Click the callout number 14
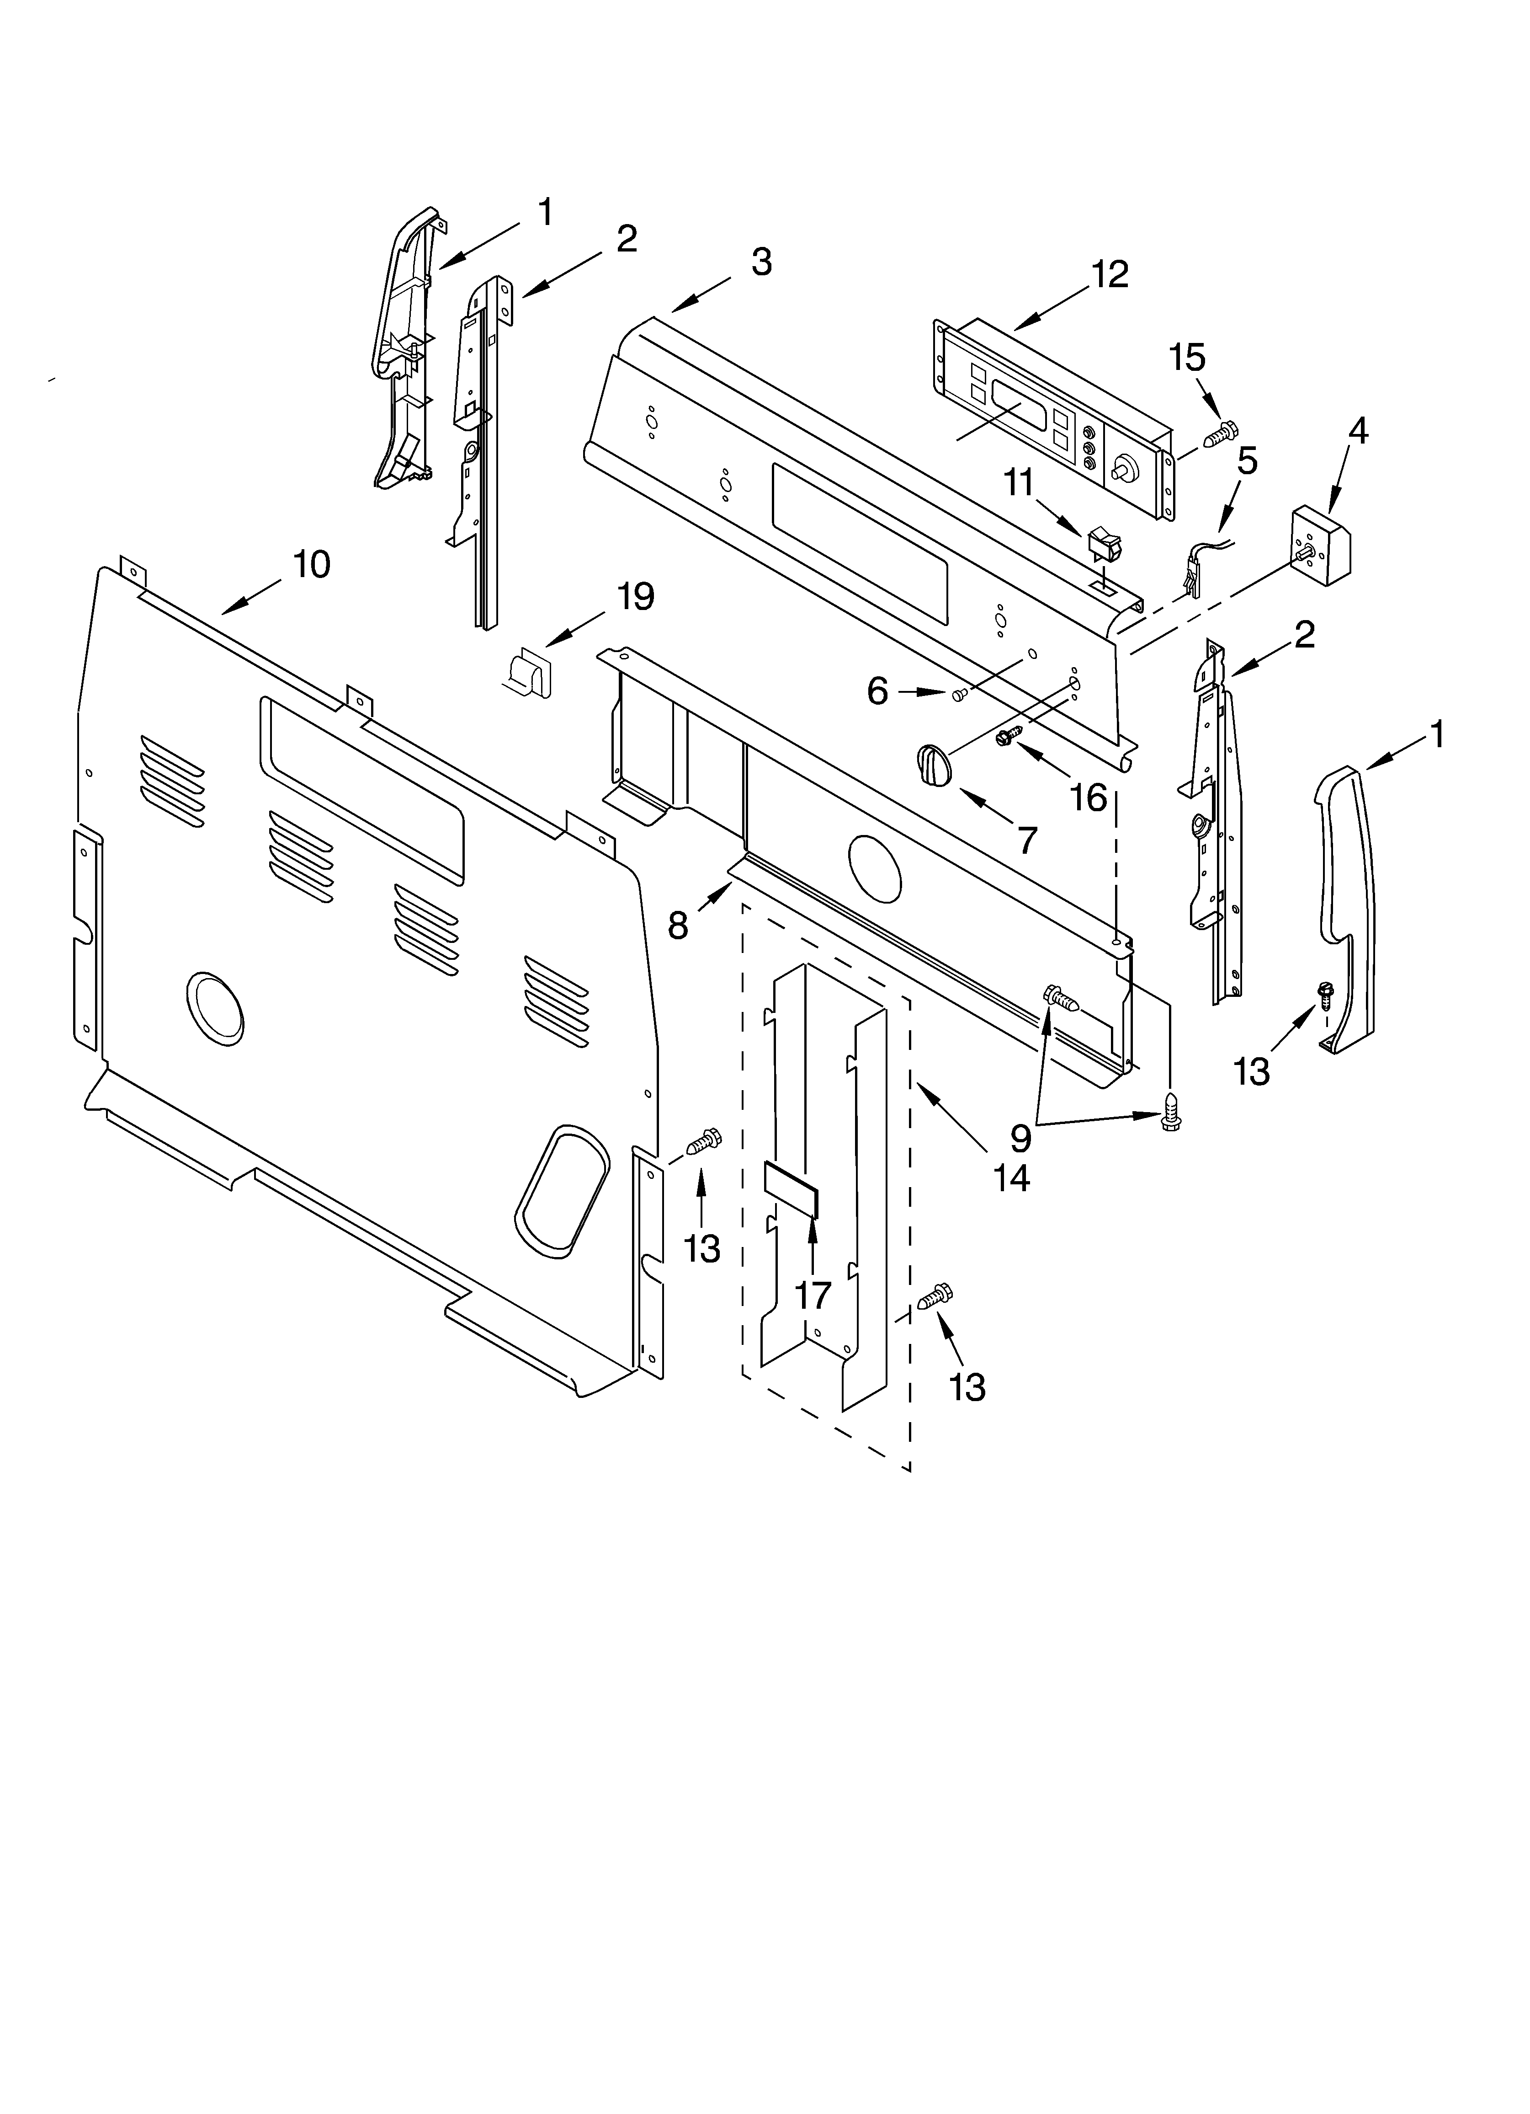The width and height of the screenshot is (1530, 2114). point(1011,1178)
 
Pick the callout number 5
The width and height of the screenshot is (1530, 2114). point(1247,460)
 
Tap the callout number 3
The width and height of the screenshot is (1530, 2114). point(761,263)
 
